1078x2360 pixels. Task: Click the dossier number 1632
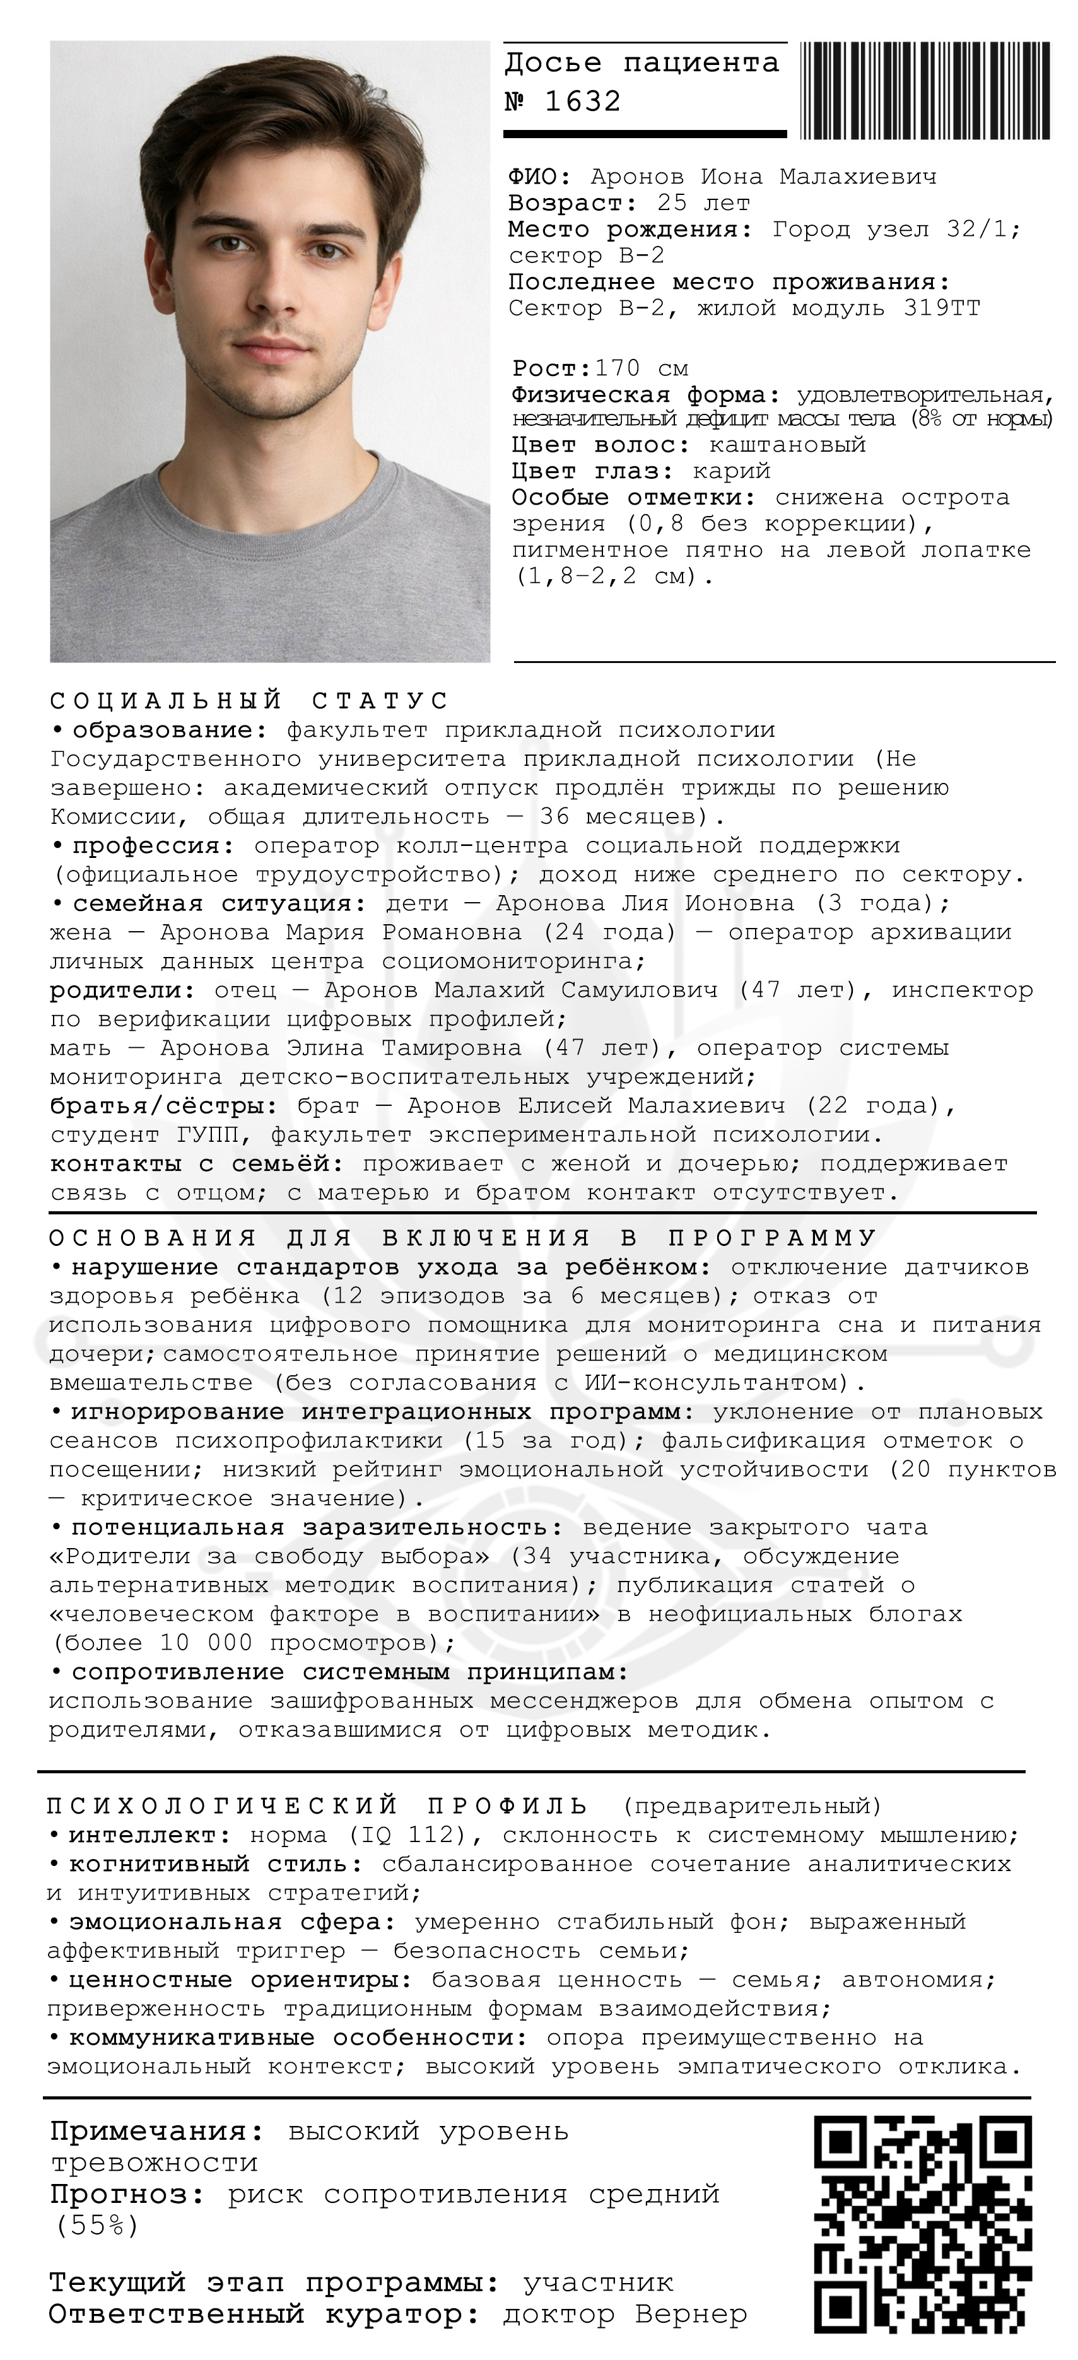[x=582, y=101]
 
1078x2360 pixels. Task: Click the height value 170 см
[x=641, y=369]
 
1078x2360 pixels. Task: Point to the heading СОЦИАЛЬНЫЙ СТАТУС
[x=249, y=701]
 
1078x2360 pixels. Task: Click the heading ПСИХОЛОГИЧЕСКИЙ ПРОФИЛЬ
[x=317, y=1805]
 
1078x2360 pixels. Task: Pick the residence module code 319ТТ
[x=942, y=308]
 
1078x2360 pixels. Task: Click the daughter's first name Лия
[x=645, y=903]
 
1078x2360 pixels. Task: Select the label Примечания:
[x=156, y=2132]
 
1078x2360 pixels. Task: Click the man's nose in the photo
[x=270, y=293]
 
